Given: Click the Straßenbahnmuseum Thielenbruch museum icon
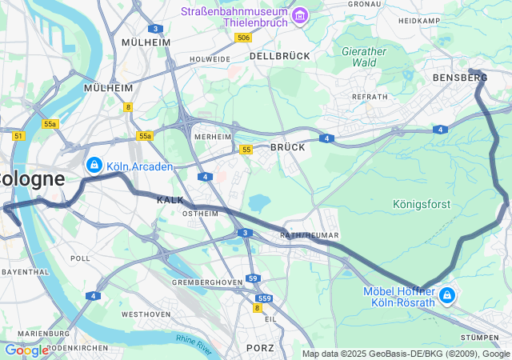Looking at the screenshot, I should [x=300, y=16].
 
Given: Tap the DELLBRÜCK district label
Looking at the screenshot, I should [x=279, y=57].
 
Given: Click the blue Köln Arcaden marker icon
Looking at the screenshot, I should [x=94, y=166].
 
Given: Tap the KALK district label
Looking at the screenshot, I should [x=170, y=199].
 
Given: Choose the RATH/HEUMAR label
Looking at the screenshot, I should [x=310, y=235].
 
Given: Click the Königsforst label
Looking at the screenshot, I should [x=423, y=204].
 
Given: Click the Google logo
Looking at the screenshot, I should [x=26, y=350].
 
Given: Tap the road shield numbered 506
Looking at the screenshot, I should [x=244, y=38].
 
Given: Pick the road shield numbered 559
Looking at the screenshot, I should [x=266, y=298].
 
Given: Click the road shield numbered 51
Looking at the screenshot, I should [x=18, y=136].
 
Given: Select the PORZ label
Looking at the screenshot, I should [x=260, y=348].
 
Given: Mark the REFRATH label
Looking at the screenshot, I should [x=370, y=96].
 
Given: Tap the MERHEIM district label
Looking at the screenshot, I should [x=213, y=137].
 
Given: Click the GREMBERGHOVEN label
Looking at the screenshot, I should [x=206, y=282].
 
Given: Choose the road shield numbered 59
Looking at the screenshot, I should [x=253, y=278].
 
